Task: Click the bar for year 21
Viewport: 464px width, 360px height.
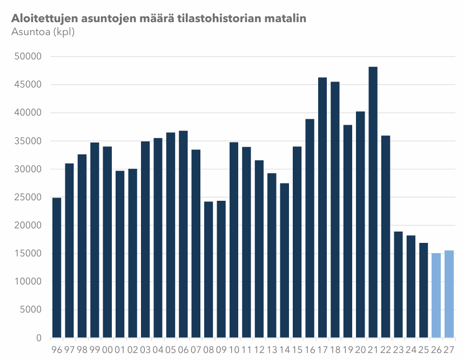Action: pos(373,202)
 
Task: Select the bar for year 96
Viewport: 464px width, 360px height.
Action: pos(57,268)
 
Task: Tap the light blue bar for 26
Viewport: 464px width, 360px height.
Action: pos(436,295)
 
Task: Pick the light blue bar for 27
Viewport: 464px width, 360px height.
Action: pos(449,294)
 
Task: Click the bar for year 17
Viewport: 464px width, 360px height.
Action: pos(322,208)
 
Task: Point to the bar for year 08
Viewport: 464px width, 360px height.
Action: pos(209,269)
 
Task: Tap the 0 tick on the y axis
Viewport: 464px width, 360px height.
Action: pos(39,338)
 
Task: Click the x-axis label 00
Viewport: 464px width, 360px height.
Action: pos(107,349)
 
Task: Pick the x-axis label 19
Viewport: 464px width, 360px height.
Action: pos(347,349)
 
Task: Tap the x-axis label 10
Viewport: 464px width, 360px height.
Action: pos(234,349)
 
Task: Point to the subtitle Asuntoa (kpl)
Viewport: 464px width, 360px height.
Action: pos(43,32)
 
